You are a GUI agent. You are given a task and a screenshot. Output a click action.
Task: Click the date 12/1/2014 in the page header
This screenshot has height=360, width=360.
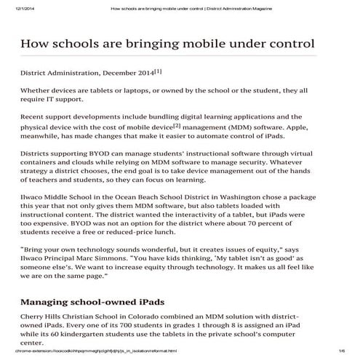[17, 8]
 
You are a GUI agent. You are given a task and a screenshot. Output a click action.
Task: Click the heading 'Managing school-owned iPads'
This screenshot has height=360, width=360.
[92, 301]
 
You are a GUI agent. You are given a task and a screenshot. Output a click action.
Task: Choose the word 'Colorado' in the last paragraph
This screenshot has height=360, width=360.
[157, 318]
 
